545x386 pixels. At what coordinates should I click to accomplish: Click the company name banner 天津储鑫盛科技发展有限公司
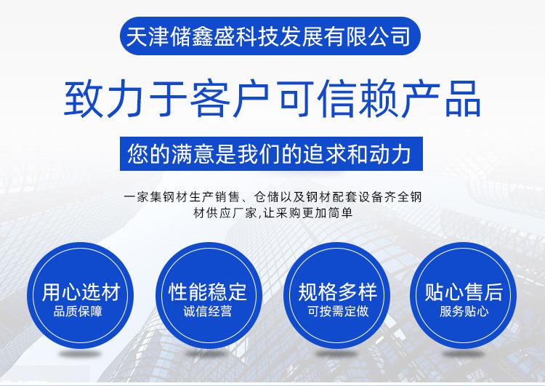(270, 36)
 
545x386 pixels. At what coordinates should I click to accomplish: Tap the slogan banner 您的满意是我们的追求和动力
(271, 153)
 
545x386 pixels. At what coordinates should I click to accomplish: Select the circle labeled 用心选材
(80, 295)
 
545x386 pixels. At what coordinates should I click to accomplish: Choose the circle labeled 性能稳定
(209, 295)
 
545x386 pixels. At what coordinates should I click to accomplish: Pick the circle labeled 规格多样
(336, 295)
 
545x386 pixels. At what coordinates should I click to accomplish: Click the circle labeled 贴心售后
(464, 295)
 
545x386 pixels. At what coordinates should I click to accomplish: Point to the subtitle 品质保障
(78, 311)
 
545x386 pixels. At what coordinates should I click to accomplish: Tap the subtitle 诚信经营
(208, 311)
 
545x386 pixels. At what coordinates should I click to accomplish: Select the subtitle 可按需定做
(337, 311)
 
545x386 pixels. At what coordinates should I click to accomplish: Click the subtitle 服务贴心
(464, 311)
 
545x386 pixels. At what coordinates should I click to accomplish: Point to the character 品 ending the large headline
(463, 99)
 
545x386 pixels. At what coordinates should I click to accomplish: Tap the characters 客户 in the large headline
(229, 99)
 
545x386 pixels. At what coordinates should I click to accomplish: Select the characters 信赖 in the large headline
(358, 99)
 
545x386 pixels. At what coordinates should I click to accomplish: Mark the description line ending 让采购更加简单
(272, 213)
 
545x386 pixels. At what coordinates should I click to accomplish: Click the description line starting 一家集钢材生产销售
(272, 197)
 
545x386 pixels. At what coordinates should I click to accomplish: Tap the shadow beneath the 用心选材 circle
(80, 354)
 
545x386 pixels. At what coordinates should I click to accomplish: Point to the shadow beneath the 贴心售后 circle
(464, 354)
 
